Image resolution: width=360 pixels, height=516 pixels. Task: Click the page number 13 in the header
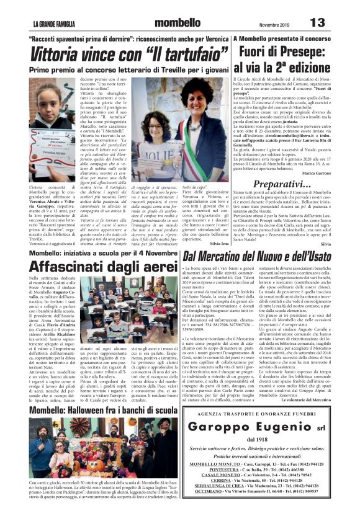pyautogui.click(x=317, y=22)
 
